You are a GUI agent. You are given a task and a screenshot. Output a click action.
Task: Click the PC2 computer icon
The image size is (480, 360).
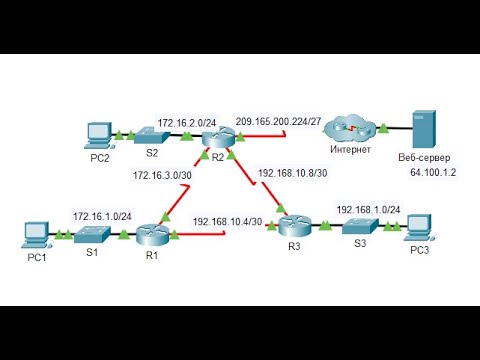pos(98,131)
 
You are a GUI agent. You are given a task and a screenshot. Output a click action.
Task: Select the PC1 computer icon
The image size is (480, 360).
pos(36,235)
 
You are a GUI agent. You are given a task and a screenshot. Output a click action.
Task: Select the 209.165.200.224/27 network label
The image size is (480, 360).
pos(278,121)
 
